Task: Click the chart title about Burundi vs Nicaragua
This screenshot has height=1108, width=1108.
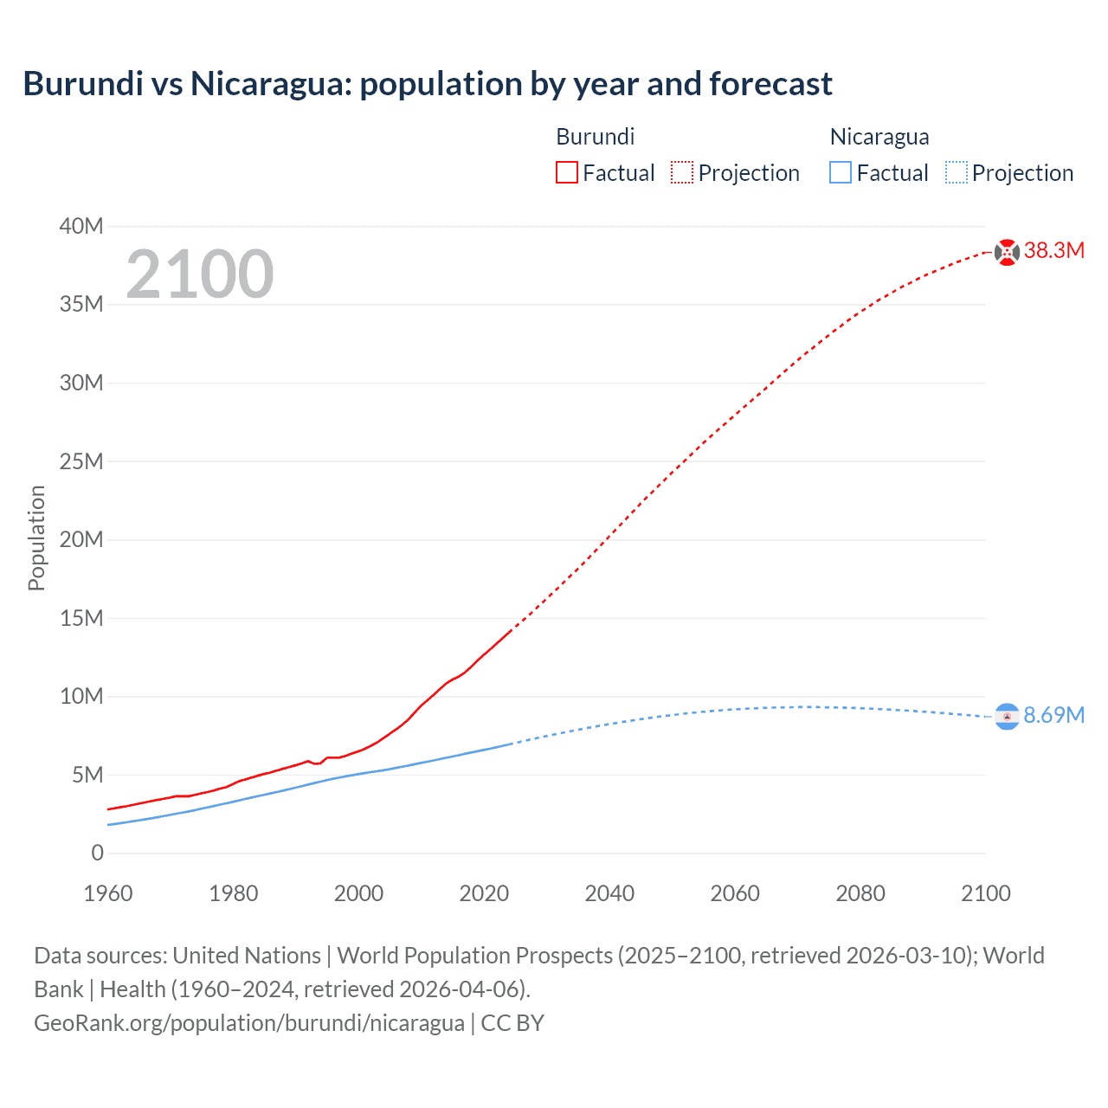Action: [428, 84]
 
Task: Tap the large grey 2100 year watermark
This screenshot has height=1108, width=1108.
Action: [200, 274]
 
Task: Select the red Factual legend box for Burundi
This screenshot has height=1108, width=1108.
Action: [567, 172]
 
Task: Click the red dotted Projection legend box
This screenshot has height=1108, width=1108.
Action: [682, 172]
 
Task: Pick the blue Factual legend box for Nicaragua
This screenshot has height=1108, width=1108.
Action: [841, 172]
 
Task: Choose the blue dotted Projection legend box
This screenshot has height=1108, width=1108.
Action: [957, 172]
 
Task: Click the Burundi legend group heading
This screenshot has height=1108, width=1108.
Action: [595, 137]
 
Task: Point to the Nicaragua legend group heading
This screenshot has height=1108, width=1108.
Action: [879, 137]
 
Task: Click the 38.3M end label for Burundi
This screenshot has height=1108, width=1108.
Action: [1053, 251]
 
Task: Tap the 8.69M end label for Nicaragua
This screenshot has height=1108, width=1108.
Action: [1053, 715]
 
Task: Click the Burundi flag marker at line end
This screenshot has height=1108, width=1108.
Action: [1007, 252]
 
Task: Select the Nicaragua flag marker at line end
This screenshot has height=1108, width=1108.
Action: [1007, 717]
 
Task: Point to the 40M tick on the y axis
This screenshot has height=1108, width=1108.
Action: [81, 227]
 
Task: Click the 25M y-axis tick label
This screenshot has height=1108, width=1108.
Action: [81, 461]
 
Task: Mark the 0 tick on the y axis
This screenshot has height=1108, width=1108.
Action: [97, 854]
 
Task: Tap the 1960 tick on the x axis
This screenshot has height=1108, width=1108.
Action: [108, 893]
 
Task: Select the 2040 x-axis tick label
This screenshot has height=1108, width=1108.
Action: [609, 893]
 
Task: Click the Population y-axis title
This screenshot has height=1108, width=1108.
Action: [36, 538]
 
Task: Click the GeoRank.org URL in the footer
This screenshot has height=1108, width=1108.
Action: [249, 1022]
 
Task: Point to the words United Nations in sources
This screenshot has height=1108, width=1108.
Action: [247, 956]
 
